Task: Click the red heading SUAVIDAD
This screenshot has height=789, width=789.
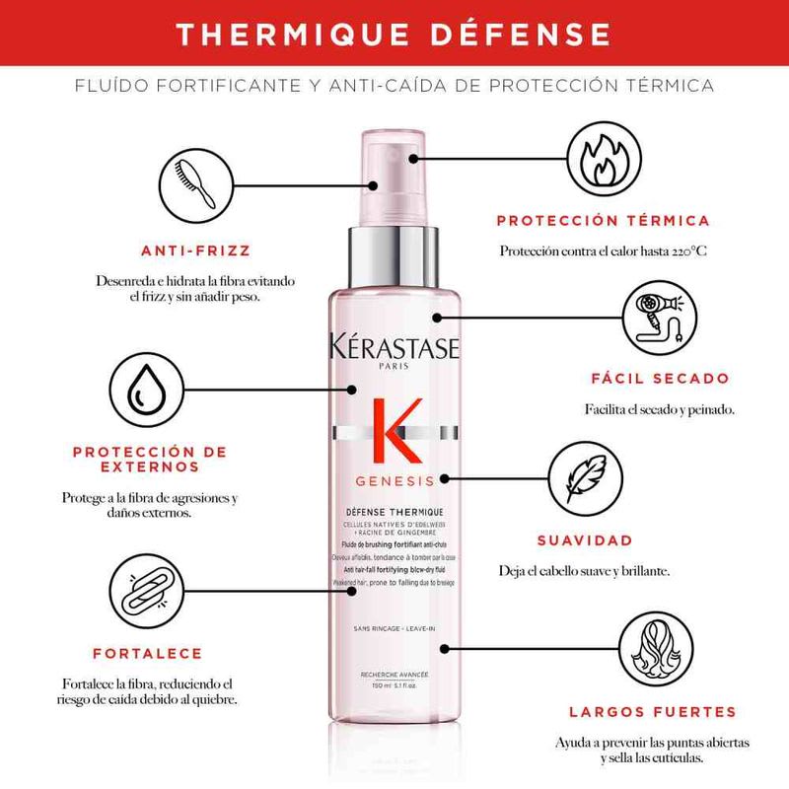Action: pos(584,540)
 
